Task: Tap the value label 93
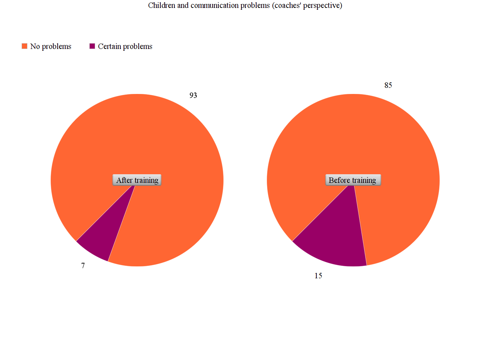click(193, 95)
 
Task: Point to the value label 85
click(388, 85)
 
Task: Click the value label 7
click(83, 266)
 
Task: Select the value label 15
click(318, 276)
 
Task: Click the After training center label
click(137, 180)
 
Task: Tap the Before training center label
click(353, 180)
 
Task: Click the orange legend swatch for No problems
click(24, 46)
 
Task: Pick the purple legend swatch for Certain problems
click(92, 46)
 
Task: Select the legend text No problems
click(51, 46)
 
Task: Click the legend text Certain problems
click(125, 46)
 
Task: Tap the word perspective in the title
click(322, 5)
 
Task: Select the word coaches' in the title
click(288, 5)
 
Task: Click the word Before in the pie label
click(339, 180)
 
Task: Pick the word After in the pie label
click(124, 180)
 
